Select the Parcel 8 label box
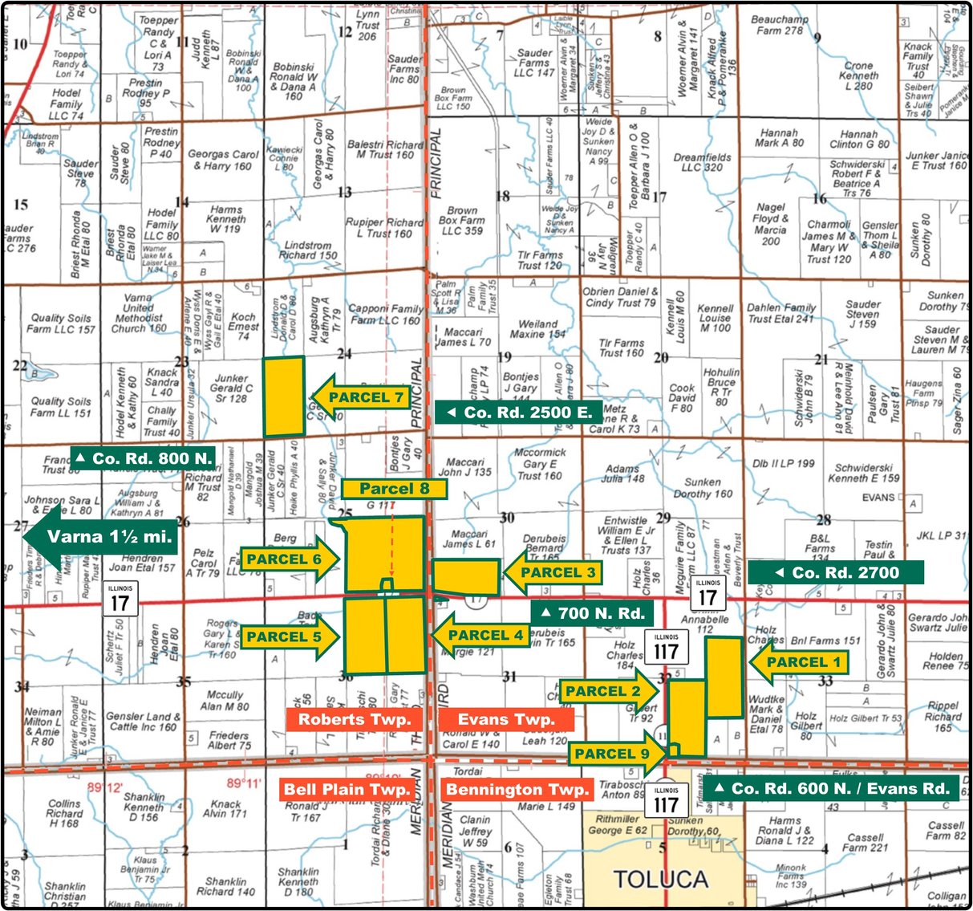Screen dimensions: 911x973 pos(393,488)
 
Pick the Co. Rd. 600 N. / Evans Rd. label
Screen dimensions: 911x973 pos(831,788)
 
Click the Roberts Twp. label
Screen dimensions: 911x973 pos(354,719)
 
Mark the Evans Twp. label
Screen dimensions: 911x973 pos(505,719)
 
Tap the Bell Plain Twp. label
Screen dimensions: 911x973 pos(347,790)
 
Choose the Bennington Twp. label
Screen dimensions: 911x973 pos(517,790)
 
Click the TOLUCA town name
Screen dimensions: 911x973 pos(661,880)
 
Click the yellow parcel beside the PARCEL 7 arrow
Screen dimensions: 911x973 pos(284,397)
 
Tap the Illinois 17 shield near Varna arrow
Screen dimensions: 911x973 pos(120,599)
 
